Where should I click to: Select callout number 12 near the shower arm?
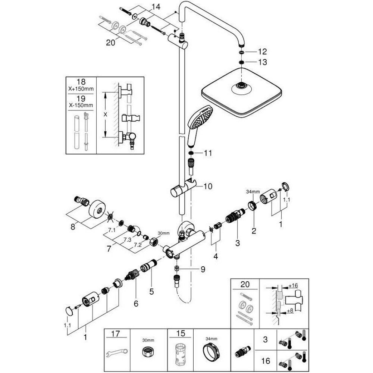click(263, 51)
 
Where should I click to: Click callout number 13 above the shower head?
click(263, 62)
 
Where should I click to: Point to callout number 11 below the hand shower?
click(208, 153)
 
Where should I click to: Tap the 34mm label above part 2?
click(253, 192)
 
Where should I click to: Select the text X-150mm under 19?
click(81, 106)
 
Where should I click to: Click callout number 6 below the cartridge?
click(136, 304)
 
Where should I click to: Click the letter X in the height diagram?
click(105, 115)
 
